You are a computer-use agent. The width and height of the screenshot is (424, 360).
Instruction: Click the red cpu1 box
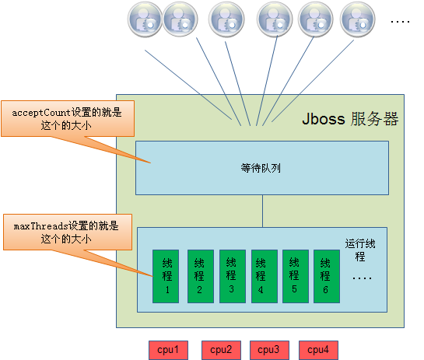(x=169, y=350)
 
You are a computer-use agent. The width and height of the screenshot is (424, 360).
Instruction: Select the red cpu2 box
(x=221, y=350)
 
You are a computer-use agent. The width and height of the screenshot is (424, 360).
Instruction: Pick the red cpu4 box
(x=317, y=350)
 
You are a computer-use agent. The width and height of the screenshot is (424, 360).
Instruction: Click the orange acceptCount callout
(x=67, y=118)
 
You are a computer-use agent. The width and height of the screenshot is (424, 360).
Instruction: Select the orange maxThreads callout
(x=67, y=232)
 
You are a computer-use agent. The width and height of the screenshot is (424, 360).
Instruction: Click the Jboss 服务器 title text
(x=350, y=120)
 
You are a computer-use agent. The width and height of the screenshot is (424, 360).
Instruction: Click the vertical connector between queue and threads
(x=262, y=211)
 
